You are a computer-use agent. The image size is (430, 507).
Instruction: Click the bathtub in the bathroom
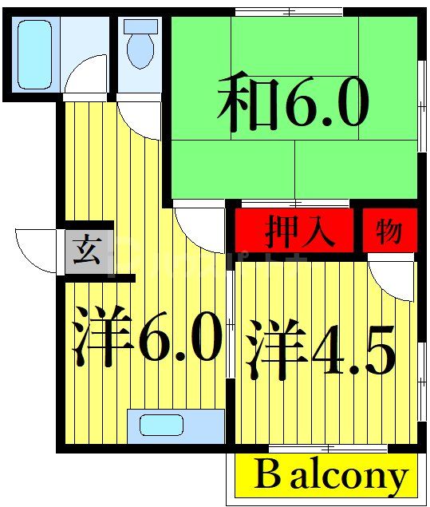click(34, 53)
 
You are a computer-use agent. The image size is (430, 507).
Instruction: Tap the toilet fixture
click(140, 47)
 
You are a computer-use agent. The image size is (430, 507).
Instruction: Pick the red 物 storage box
click(389, 232)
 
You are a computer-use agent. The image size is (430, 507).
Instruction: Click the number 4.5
click(351, 350)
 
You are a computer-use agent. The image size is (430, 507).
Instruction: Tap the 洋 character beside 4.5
click(276, 350)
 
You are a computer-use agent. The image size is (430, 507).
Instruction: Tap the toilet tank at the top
click(140, 25)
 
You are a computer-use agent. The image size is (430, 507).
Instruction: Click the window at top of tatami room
click(289, 10)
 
